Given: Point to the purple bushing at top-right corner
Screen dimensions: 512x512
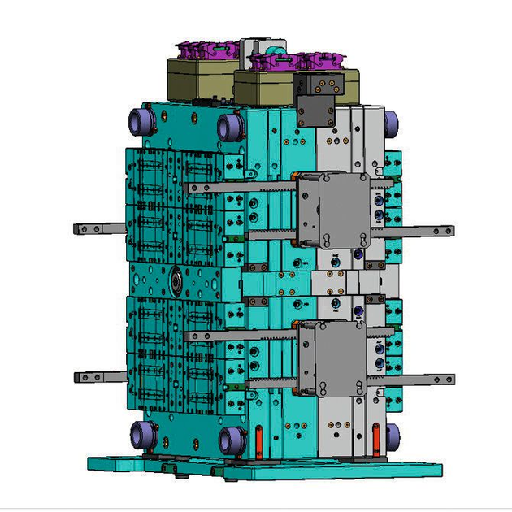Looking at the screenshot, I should pyautogui.click(x=393, y=123).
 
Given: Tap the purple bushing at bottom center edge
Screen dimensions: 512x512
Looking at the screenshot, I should pyautogui.click(x=232, y=441).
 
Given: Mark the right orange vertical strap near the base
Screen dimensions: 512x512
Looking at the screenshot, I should pyautogui.click(x=375, y=442).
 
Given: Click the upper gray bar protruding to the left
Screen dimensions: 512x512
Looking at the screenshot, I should pyautogui.click(x=98, y=228).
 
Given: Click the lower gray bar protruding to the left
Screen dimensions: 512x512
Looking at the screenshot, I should pyautogui.click(x=98, y=376).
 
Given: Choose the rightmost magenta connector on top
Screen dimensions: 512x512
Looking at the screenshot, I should pyautogui.click(x=325, y=60).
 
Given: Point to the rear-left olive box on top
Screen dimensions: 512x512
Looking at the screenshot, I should pyautogui.click(x=199, y=78).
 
